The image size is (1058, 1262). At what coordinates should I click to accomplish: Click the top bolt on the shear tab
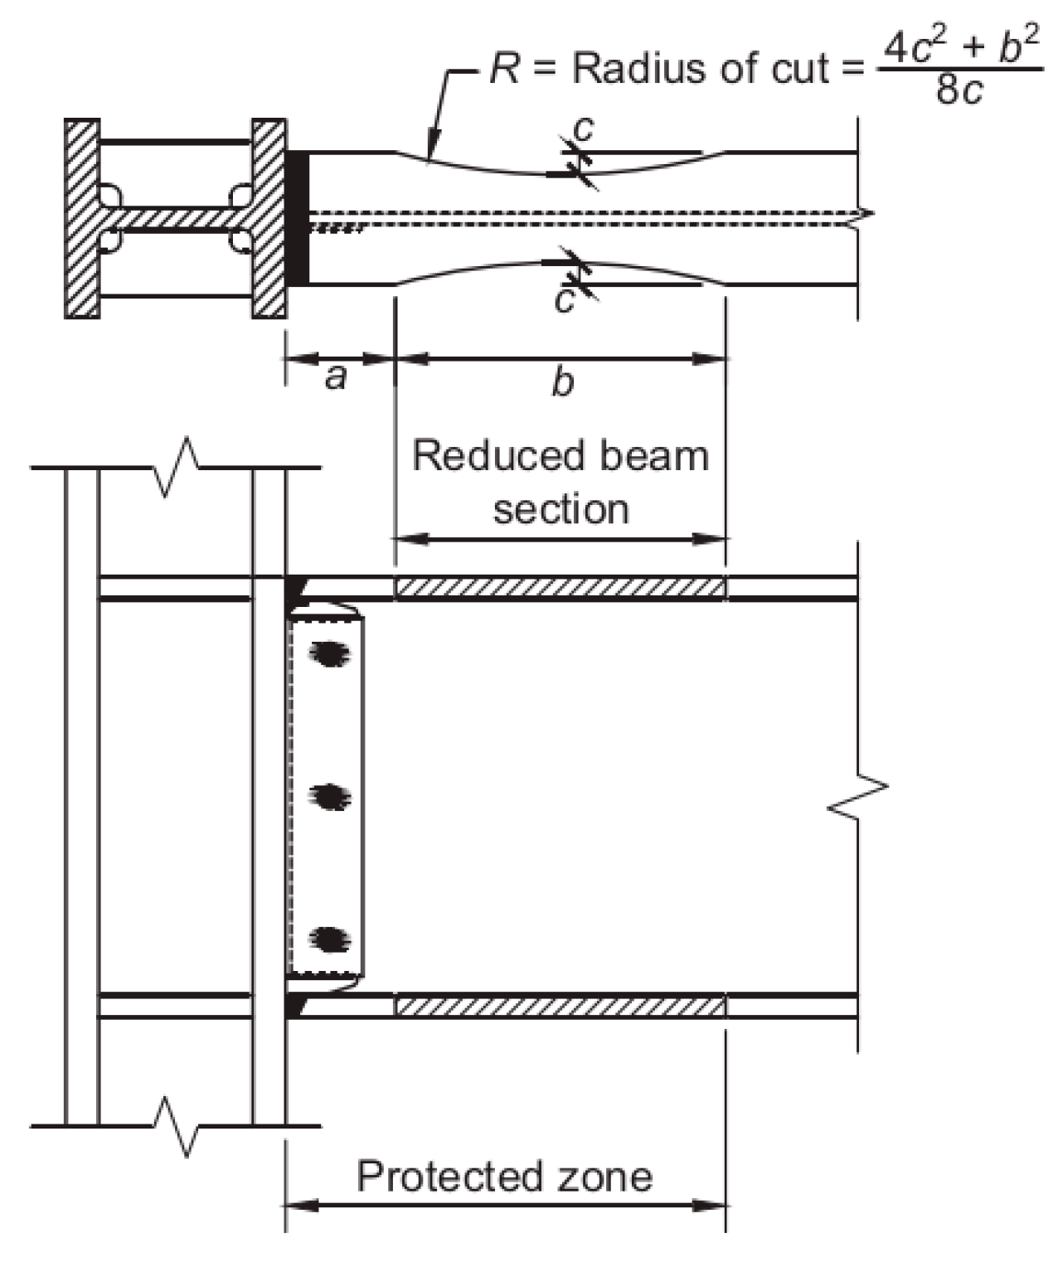click(329, 654)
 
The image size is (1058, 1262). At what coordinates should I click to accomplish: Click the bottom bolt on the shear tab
click(329, 939)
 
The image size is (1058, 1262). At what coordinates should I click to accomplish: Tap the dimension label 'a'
click(335, 378)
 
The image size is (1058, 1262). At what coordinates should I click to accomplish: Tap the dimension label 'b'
click(562, 382)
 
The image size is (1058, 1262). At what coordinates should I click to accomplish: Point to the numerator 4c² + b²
click(960, 46)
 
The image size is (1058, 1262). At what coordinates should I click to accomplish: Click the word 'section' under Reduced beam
click(561, 508)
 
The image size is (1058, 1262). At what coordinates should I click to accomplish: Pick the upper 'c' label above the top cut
click(584, 129)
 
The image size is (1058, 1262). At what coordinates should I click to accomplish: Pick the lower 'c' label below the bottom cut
click(565, 300)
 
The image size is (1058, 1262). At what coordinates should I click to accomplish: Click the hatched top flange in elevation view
click(561, 587)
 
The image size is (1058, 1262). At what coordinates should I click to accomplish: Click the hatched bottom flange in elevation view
click(561, 1007)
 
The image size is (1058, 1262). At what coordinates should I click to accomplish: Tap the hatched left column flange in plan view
click(82, 219)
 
